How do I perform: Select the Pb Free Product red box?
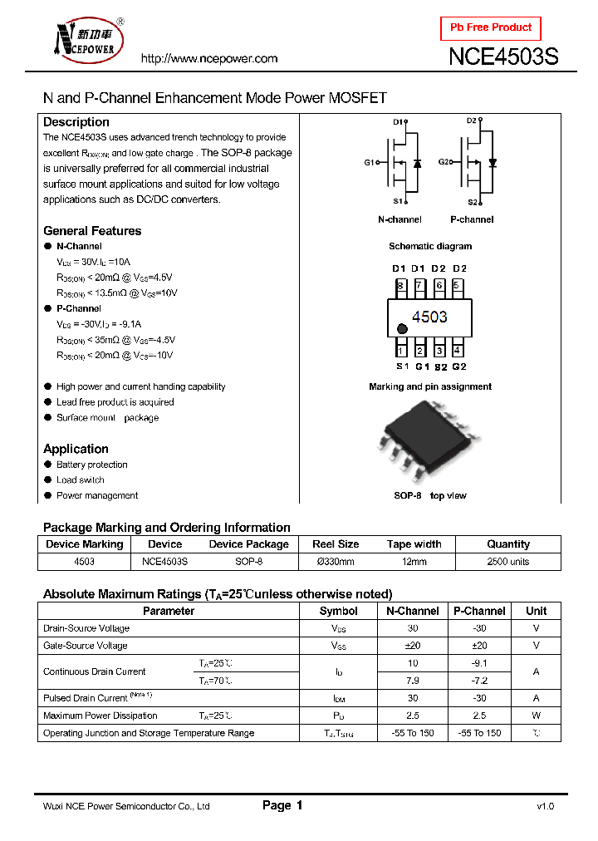[490, 28]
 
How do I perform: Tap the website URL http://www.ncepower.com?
[208, 58]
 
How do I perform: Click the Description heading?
[76, 122]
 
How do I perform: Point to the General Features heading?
[92, 231]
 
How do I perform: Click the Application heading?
[76, 449]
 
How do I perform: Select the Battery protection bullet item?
[91, 465]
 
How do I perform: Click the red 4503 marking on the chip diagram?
[429, 317]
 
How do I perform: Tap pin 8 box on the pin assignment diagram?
[400, 286]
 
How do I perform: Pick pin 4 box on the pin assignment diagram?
[458, 350]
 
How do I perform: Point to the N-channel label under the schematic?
[399, 219]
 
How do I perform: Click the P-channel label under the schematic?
[472, 219]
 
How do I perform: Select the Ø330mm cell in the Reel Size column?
[335, 562]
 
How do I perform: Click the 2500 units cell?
[507, 562]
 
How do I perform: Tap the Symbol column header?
[339, 611]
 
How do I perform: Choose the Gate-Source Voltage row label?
[86, 646]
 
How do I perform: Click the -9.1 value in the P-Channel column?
[478, 663]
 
